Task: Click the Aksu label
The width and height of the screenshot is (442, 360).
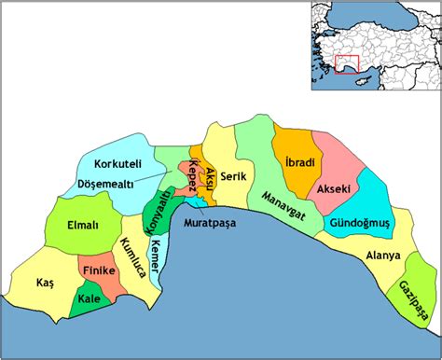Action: point(210,175)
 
